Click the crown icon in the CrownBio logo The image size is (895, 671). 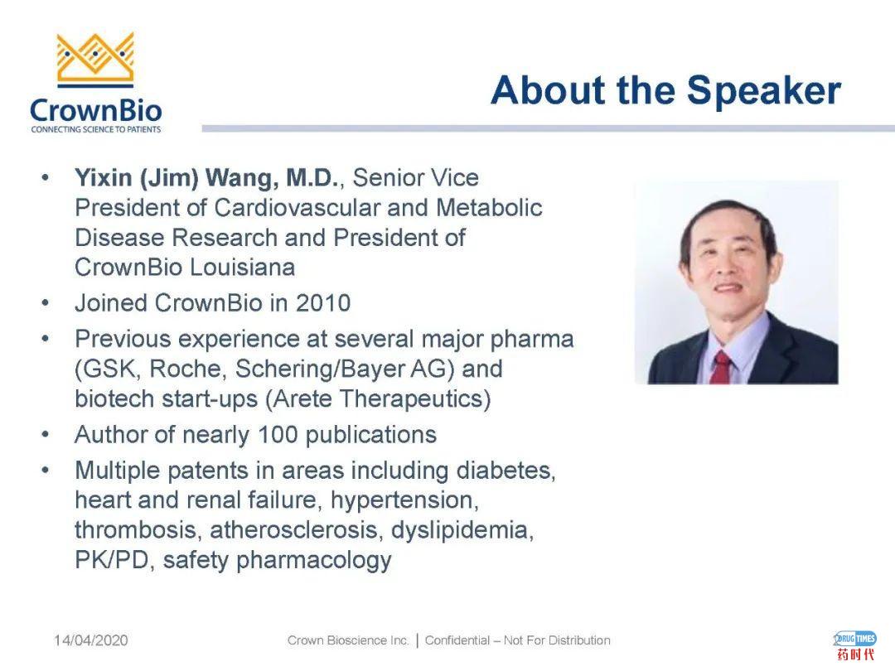click(95, 60)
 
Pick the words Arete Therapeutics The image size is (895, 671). click(378, 398)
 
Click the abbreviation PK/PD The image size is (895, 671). click(112, 560)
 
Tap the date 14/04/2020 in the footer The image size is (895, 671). click(91, 640)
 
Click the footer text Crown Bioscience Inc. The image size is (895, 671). click(348, 640)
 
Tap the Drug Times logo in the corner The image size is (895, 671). click(855, 644)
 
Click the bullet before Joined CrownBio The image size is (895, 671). click(46, 303)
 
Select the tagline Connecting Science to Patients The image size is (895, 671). click(96, 129)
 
